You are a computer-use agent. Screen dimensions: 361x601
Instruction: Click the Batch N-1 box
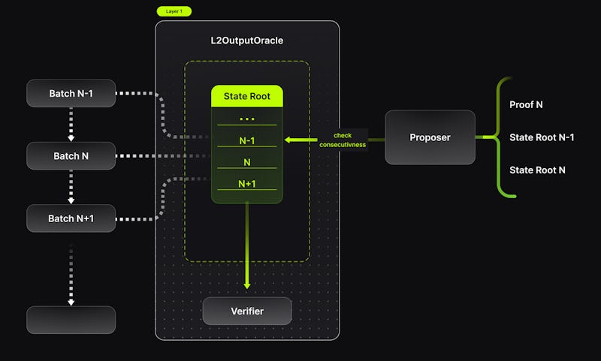[x=71, y=93]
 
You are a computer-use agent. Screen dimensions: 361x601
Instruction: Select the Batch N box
[x=71, y=155]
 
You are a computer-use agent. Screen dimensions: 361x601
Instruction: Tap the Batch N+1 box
[x=71, y=218]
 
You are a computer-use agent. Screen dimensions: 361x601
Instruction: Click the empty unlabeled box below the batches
[x=71, y=320]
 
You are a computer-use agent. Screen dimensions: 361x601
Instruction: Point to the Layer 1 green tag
[x=174, y=11]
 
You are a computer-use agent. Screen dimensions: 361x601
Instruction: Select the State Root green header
[x=246, y=96]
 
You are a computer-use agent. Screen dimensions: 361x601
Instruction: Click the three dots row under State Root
[x=246, y=118]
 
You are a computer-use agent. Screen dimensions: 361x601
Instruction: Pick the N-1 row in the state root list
[x=246, y=140]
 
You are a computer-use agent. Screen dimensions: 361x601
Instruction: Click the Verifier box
[x=246, y=311]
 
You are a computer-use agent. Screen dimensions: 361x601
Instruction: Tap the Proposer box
[x=430, y=137]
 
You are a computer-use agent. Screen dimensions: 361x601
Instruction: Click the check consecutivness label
[x=342, y=140]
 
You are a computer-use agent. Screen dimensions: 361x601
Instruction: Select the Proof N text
[x=526, y=105]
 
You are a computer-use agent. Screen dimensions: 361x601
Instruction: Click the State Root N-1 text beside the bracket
[x=542, y=137]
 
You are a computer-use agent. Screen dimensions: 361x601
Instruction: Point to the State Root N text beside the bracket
[x=537, y=170]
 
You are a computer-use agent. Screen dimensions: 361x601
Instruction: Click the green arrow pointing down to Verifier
[x=247, y=248]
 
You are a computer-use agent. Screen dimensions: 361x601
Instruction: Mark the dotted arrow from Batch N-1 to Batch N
[x=71, y=125]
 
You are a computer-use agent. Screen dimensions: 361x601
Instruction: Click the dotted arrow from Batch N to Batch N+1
[x=71, y=187]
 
